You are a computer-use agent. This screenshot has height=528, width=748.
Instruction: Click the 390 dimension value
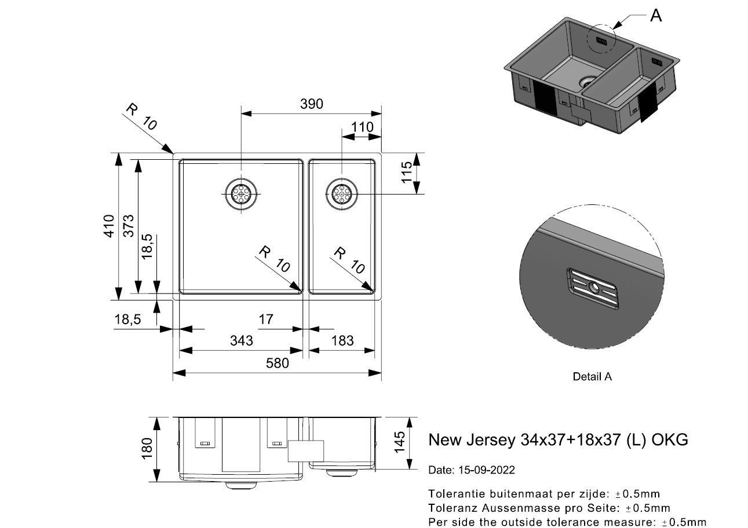click(311, 104)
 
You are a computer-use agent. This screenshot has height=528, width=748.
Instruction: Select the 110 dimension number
click(362, 127)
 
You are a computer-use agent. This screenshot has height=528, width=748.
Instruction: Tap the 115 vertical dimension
click(406, 172)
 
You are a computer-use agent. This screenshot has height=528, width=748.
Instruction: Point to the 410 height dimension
click(109, 226)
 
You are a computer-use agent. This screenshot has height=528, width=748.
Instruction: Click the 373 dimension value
click(128, 226)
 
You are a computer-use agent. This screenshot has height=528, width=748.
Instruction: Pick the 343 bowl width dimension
click(242, 341)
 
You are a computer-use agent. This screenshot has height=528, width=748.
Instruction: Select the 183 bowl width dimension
click(342, 341)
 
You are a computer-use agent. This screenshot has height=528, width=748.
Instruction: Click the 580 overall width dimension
click(277, 363)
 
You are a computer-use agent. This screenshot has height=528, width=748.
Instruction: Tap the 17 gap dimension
click(266, 320)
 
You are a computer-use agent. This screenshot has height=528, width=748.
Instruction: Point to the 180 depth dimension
click(147, 449)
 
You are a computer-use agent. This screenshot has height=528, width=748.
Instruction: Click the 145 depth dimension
click(399, 442)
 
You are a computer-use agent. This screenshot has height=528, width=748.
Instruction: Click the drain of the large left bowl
click(241, 194)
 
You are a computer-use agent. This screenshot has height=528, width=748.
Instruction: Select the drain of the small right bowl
click(342, 194)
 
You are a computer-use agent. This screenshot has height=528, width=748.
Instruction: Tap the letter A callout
click(656, 16)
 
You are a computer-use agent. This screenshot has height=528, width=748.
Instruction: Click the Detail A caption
click(592, 376)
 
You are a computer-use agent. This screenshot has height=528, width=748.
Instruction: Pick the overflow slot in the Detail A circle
click(592, 288)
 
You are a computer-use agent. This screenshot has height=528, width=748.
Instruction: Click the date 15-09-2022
click(487, 470)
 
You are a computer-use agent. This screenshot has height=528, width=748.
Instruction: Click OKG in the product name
click(670, 439)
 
